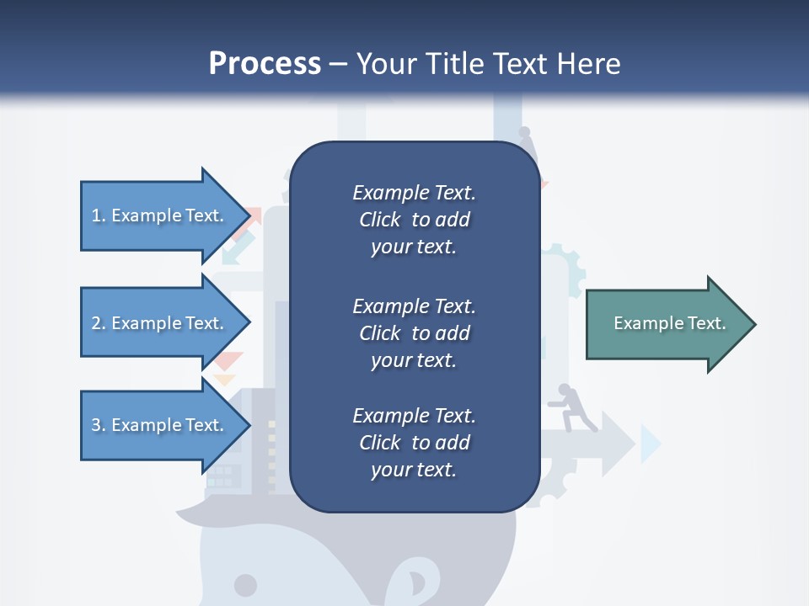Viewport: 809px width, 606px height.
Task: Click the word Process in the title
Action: pos(265,63)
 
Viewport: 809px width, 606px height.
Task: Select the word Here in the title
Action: pos(588,63)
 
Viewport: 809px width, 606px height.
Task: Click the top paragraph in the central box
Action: pos(414,220)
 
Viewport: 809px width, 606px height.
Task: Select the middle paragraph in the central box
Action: pos(414,333)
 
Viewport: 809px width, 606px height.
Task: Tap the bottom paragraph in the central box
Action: pos(414,443)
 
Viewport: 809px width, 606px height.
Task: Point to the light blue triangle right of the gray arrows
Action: pos(649,444)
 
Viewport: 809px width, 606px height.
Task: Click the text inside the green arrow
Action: pos(669,323)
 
